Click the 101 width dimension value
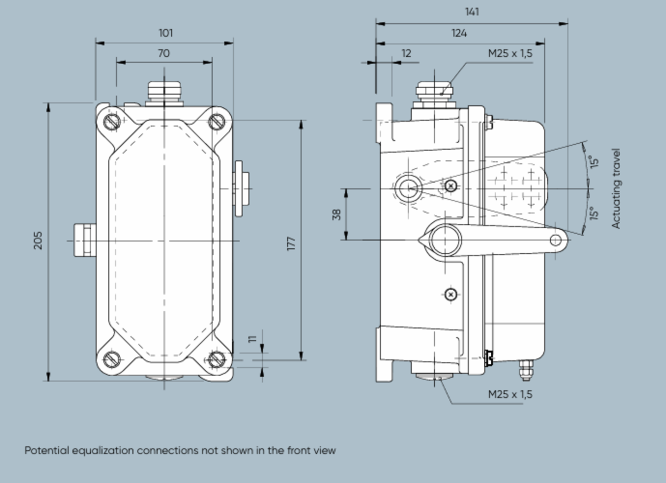pyautogui.click(x=166, y=33)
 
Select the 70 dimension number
pyautogui.click(x=164, y=54)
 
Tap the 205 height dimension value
pyautogui.click(x=38, y=240)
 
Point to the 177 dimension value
pyautogui.click(x=291, y=243)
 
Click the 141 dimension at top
pyautogui.click(x=472, y=12)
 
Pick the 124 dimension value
pyautogui.click(x=459, y=33)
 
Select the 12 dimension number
pyautogui.click(x=406, y=54)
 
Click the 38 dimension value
pyautogui.click(x=337, y=214)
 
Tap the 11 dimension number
pyautogui.click(x=253, y=339)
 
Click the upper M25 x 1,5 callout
pyautogui.click(x=510, y=54)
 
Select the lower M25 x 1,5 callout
pyautogui.click(x=510, y=394)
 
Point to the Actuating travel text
pyautogui.click(x=616, y=188)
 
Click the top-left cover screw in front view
pyautogui.click(x=112, y=121)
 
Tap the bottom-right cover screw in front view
pyautogui.click(x=216, y=359)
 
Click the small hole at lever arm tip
pyautogui.click(x=555, y=240)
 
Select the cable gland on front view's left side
pyautogui.click(x=85, y=240)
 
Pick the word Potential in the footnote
pyautogui.click(x=47, y=450)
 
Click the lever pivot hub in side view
pyautogui.click(x=445, y=240)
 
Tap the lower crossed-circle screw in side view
pyautogui.click(x=451, y=294)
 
